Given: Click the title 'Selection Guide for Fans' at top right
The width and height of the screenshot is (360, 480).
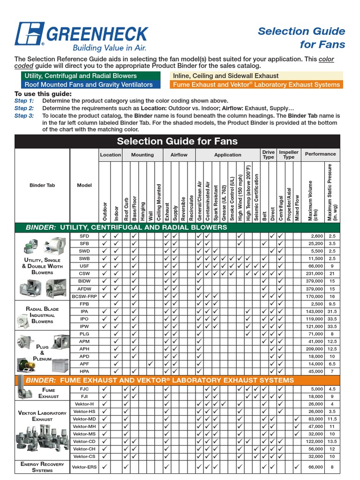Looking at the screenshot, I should (x=301, y=38).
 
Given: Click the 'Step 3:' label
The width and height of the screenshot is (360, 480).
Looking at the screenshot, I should (x=24, y=116).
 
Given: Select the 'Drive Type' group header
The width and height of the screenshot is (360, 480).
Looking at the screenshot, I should (x=269, y=154).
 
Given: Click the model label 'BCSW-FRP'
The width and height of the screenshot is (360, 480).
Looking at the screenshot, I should (x=84, y=296).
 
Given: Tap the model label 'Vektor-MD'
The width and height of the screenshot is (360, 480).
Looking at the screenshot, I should (x=84, y=419).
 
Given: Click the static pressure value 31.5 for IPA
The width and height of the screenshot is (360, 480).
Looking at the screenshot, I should (x=332, y=311).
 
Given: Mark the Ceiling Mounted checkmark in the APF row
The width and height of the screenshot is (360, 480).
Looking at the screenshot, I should (x=150, y=364).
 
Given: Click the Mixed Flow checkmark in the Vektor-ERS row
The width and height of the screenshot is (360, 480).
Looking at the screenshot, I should (x=296, y=467).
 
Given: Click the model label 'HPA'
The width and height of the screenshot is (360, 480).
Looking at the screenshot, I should (x=84, y=371).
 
